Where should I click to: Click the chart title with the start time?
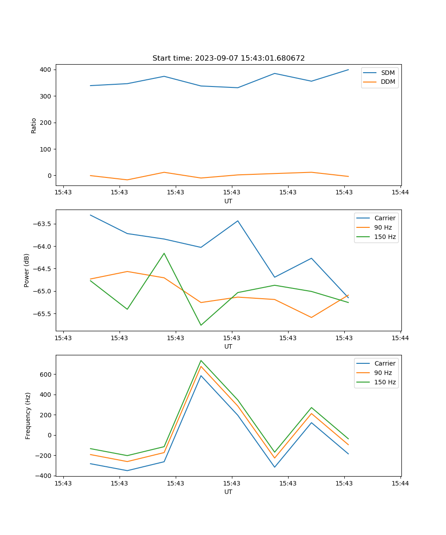(228, 58)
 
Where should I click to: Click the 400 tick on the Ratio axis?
(45, 70)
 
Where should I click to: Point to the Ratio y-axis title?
(34, 125)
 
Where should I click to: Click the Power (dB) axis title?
(27, 270)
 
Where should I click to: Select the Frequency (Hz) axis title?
(28, 416)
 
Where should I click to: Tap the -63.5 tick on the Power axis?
(41, 224)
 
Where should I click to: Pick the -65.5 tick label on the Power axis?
(41, 314)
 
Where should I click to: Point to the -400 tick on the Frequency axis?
(43, 476)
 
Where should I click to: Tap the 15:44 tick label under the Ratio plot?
(400, 193)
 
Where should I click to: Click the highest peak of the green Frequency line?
(201, 361)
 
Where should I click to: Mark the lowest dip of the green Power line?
(201, 325)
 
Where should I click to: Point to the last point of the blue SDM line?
(348, 70)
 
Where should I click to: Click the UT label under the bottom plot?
(228, 492)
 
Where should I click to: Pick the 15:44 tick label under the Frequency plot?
(400, 483)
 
